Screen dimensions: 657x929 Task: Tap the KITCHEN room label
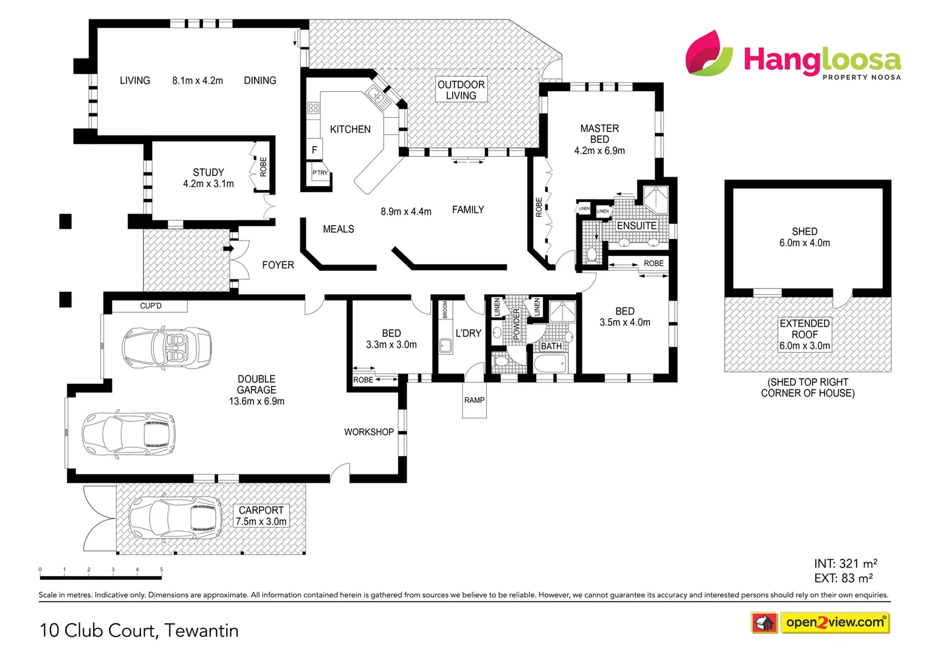pyautogui.click(x=350, y=129)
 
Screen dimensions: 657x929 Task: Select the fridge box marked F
pyautogui.click(x=314, y=150)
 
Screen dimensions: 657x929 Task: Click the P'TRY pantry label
pyautogui.click(x=320, y=173)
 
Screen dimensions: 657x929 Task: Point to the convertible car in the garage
pyautogui.click(x=167, y=348)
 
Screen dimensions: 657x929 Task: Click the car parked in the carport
pyautogui.click(x=176, y=518)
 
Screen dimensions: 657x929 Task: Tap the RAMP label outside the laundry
pyautogui.click(x=474, y=400)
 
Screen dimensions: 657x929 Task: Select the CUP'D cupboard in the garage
pyautogui.click(x=150, y=305)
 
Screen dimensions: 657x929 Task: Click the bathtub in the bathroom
pyautogui.click(x=551, y=363)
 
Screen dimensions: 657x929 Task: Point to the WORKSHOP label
pyautogui.click(x=368, y=431)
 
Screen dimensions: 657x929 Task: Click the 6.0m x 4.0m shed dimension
pyautogui.click(x=804, y=243)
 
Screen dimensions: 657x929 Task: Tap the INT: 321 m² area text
pyautogui.click(x=845, y=563)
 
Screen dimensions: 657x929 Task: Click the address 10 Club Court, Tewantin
pyautogui.click(x=139, y=630)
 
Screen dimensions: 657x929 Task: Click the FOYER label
pyautogui.click(x=278, y=265)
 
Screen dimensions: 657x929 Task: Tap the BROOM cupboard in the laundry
pyautogui.click(x=445, y=309)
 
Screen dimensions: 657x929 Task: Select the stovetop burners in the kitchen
pyautogui.click(x=313, y=108)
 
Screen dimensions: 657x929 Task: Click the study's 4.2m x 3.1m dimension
pyautogui.click(x=208, y=183)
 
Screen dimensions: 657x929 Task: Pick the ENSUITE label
pyautogui.click(x=637, y=225)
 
